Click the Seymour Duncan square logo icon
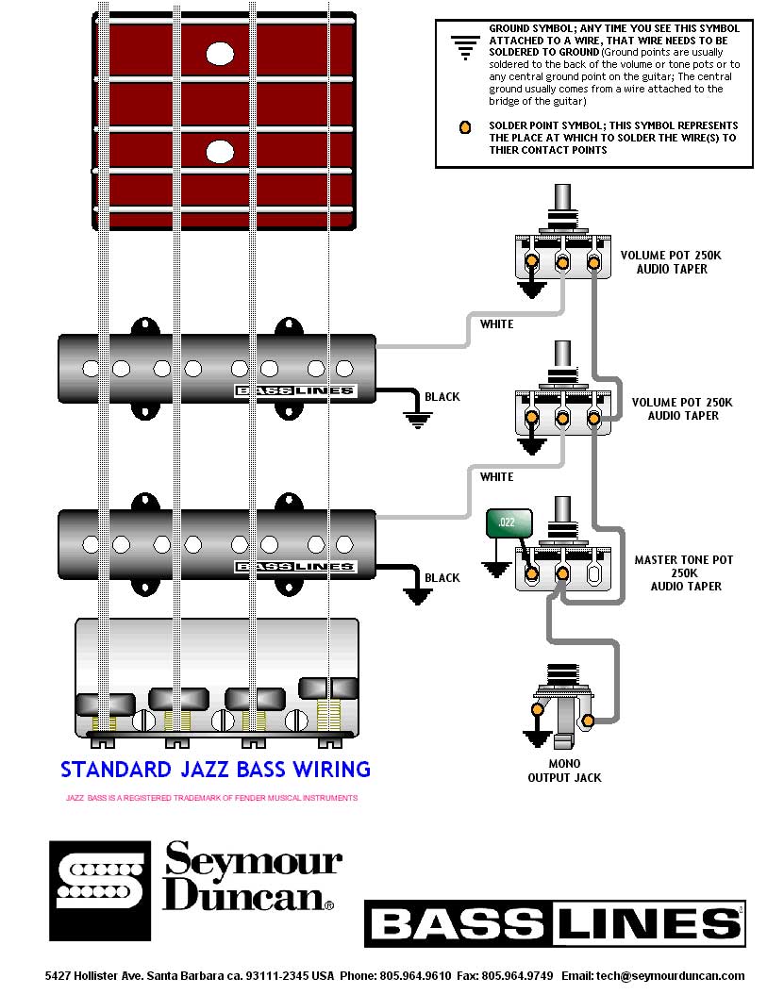pyautogui.click(x=100, y=890)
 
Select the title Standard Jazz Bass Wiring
pyautogui.click(x=215, y=770)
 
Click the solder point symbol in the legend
pyautogui.click(x=464, y=128)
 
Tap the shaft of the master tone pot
pyautogui.click(x=564, y=523)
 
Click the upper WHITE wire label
pyautogui.click(x=496, y=324)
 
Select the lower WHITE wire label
pyautogui.click(x=496, y=477)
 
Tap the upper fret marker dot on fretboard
pyautogui.click(x=220, y=54)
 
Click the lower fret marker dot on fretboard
pyautogui.click(x=220, y=151)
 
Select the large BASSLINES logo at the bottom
pyautogui.click(x=555, y=923)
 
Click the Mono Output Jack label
pyautogui.click(x=564, y=771)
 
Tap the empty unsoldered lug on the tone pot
pyautogui.click(x=594, y=572)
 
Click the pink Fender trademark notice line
pyautogui.click(x=211, y=798)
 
